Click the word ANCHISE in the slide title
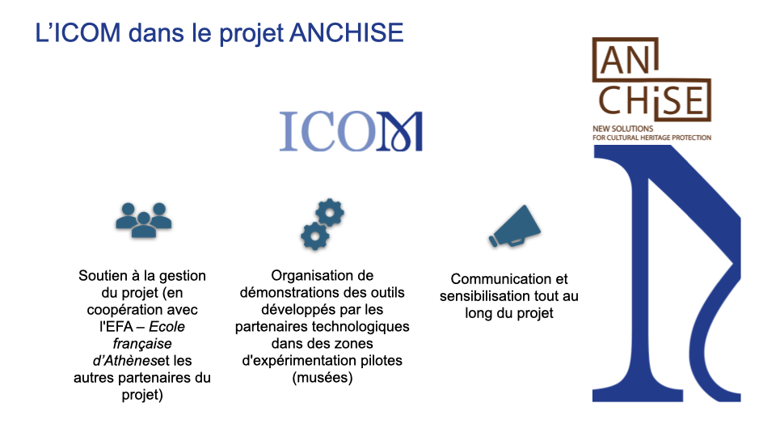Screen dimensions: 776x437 click(x=347, y=32)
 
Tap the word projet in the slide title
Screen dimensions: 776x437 click(x=251, y=34)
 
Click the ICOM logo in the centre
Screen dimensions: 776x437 click(x=351, y=131)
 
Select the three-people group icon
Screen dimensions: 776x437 click(x=144, y=220)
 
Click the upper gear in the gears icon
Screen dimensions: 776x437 click(x=330, y=213)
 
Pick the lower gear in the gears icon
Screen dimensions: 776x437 click(x=314, y=236)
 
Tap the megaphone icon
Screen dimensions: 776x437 click(x=514, y=226)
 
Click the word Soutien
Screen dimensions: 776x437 click(x=103, y=275)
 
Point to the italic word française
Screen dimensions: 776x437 click(x=142, y=343)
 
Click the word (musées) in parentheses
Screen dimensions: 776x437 click(x=323, y=378)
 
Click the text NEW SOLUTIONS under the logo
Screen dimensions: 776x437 click(x=622, y=129)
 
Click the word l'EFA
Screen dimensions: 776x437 click(x=116, y=326)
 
